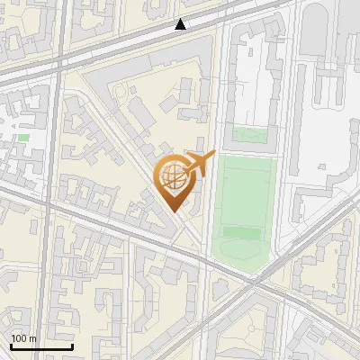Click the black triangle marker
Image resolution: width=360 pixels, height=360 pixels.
click(x=181, y=25)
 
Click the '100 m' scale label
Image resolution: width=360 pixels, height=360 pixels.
click(x=24, y=338)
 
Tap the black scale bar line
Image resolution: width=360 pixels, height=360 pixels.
click(x=41, y=346)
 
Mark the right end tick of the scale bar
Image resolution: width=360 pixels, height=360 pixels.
click(x=72, y=345)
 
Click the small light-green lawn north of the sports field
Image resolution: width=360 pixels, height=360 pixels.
click(x=249, y=136)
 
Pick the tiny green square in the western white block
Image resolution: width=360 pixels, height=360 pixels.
click(x=23, y=138)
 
